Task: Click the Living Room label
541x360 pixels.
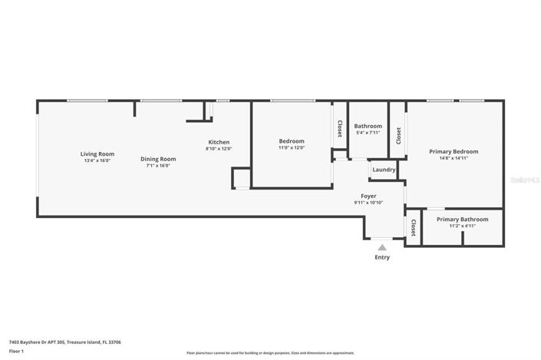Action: (x=97, y=154)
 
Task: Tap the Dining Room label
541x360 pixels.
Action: (x=158, y=159)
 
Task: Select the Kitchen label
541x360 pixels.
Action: (x=219, y=142)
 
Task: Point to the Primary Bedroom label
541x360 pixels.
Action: (x=454, y=151)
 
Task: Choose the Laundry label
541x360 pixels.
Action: (x=384, y=170)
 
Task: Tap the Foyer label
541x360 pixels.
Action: (x=368, y=196)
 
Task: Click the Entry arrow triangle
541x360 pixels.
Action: (x=382, y=247)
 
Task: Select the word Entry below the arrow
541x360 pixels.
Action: (x=382, y=257)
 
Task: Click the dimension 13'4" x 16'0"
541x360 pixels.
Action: (x=97, y=160)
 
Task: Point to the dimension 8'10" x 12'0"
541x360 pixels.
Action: (x=219, y=149)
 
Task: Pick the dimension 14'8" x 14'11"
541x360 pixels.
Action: (x=454, y=158)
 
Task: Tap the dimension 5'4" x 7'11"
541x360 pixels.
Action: (x=368, y=133)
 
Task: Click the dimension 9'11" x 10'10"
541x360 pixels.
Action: (x=368, y=203)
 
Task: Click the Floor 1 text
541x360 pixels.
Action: (x=17, y=351)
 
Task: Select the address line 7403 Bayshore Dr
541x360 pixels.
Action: (x=64, y=342)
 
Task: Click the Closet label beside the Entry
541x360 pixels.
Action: (x=413, y=227)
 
